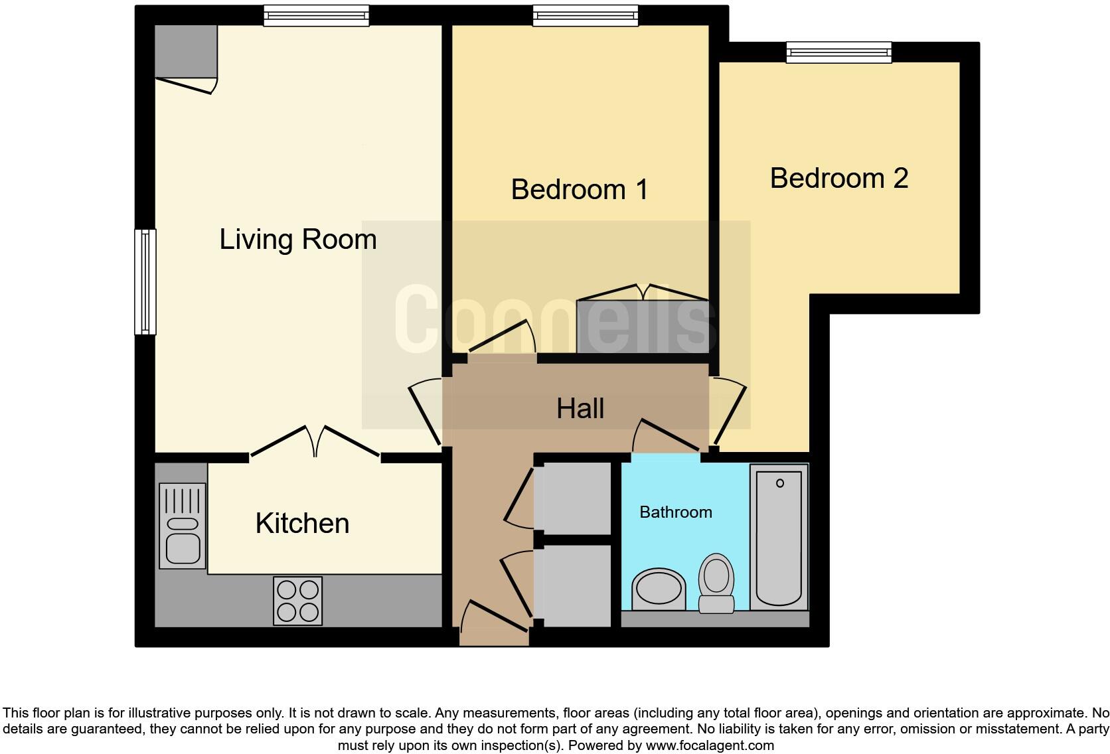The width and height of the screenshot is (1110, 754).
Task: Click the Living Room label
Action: coord(298,239)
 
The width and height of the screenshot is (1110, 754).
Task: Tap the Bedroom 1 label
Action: coord(579,190)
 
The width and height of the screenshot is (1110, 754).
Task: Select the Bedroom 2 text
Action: coord(838,178)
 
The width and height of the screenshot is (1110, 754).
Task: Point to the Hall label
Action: coord(580,408)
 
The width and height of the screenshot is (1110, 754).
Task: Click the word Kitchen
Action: coord(302,523)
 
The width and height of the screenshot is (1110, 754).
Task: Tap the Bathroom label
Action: coord(675,512)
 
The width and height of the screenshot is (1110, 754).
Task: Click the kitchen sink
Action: coord(183,526)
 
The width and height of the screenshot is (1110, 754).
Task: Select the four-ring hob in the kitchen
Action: coord(297,601)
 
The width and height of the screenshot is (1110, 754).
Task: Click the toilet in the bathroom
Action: coord(716,583)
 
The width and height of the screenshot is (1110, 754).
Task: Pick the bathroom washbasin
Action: coord(659,588)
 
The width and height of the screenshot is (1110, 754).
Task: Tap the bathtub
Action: coord(779,537)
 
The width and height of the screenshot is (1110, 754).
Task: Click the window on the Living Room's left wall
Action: coord(145,281)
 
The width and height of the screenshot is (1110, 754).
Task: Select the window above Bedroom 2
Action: coord(838,52)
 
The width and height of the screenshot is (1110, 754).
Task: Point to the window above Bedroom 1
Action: coord(586,15)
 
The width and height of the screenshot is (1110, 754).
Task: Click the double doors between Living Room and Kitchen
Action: coord(315,442)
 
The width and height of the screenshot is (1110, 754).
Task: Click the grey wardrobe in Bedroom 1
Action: coord(643,326)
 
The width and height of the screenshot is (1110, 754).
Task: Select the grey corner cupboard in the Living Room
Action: coord(186,51)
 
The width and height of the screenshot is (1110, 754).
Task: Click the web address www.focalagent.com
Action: coord(709,745)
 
